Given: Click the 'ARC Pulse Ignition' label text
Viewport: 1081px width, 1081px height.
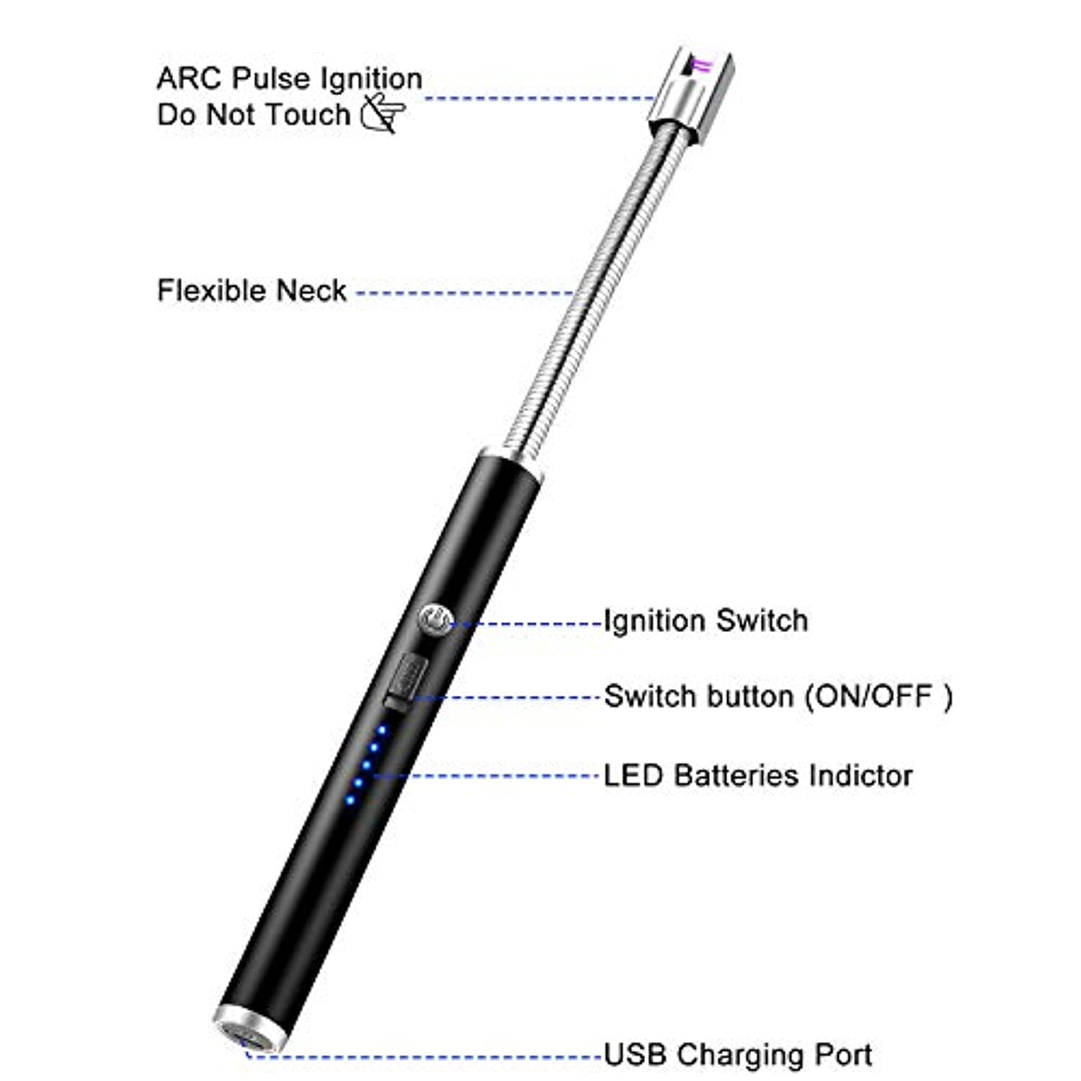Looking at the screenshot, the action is [290, 78].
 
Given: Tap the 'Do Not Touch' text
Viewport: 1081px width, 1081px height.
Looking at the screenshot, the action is [254, 114].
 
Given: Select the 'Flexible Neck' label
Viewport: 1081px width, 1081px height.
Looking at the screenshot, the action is [252, 290].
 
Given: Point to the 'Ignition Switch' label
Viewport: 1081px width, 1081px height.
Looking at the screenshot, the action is [706, 620].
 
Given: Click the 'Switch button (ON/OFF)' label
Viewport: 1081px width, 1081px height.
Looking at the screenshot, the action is [778, 696].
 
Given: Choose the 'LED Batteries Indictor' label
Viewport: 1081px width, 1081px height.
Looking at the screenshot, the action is [758, 775].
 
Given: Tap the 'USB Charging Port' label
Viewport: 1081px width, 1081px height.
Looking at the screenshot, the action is [738, 1054].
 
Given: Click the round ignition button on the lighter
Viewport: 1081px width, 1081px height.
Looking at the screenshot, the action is [435, 620].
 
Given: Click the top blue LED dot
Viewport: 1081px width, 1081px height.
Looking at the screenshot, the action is [382, 731].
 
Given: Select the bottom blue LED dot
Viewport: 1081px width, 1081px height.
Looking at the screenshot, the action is [350, 799].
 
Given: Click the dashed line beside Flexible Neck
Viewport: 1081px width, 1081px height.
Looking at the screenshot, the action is [466, 293].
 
